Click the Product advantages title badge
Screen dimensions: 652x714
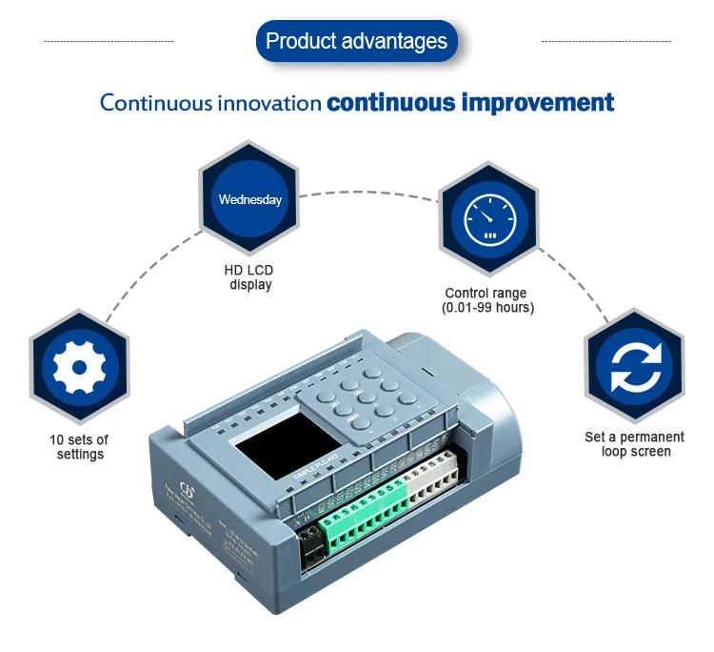point(356,42)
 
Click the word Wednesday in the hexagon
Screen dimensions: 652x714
point(250,200)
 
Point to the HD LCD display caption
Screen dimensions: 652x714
point(248,277)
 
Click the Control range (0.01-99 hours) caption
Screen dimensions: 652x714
point(486,300)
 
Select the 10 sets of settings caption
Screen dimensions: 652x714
point(79,446)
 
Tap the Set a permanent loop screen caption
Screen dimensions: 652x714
point(634,444)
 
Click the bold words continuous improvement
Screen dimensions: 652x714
point(470,102)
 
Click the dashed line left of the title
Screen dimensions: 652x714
point(109,42)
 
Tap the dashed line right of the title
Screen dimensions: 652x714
point(605,42)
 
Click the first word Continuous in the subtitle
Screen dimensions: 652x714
point(156,103)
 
